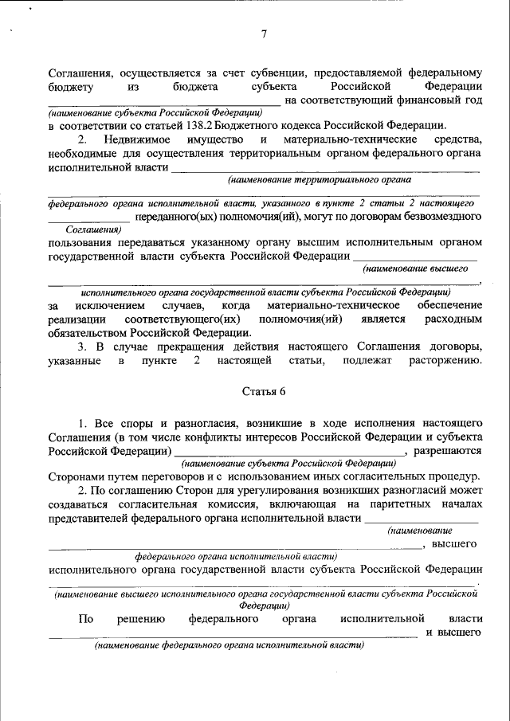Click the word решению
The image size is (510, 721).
coord(140,618)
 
